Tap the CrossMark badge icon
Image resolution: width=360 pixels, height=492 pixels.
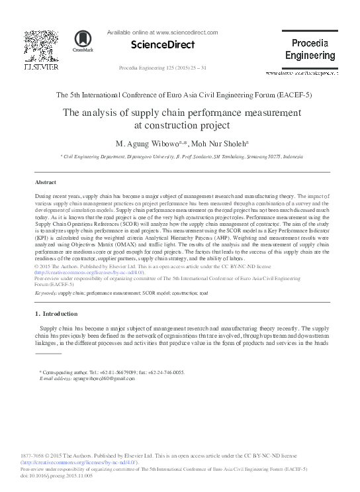click(x=83, y=42)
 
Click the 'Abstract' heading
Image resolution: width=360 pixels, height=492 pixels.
click(x=46, y=181)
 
